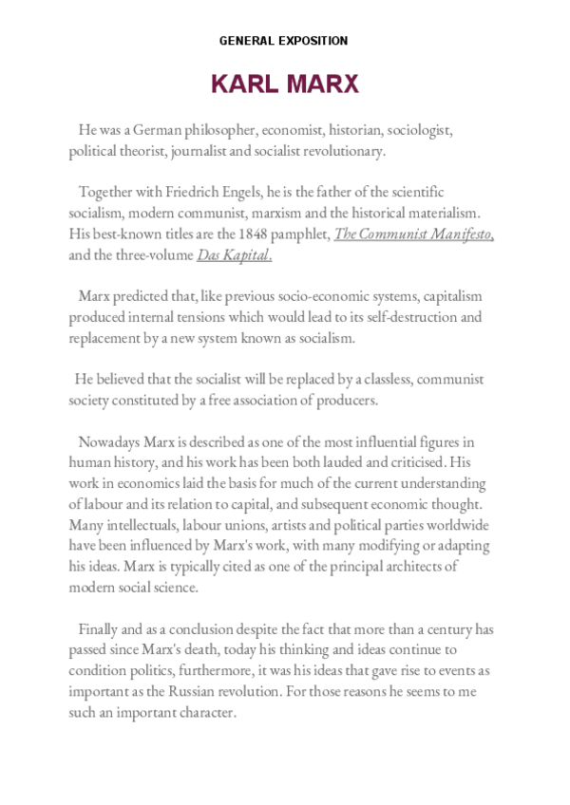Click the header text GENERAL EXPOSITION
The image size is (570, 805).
click(x=284, y=41)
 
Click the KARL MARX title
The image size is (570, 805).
click(x=284, y=84)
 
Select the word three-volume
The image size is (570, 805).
click(x=153, y=254)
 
